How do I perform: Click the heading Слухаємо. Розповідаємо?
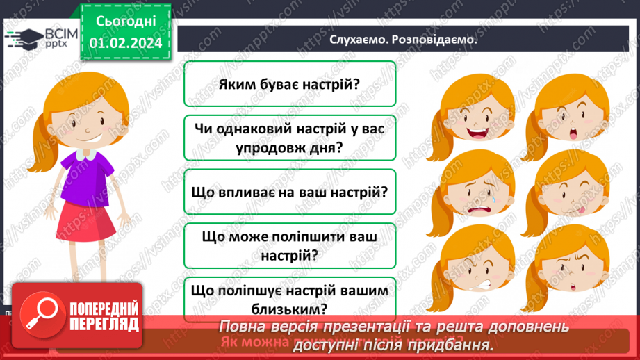click(403, 40)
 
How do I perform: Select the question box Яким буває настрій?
click(290, 84)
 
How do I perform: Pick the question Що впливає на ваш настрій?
click(290, 193)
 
